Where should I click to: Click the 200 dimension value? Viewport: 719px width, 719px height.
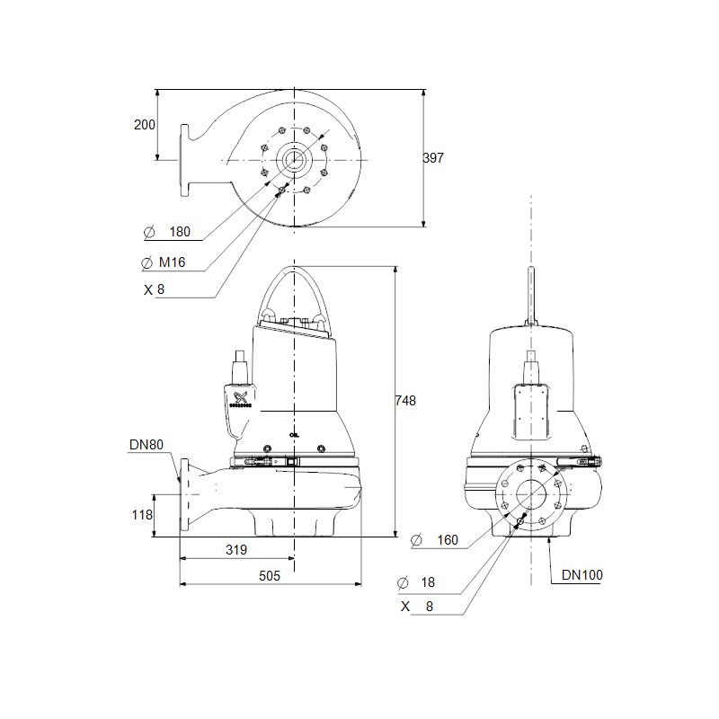click(x=144, y=125)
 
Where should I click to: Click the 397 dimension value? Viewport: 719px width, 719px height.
click(x=433, y=158)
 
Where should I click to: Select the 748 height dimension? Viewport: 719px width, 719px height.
click(x=405, y=401)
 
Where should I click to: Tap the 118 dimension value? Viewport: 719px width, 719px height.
click(x=142, y=515)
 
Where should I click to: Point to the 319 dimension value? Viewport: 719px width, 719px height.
click(x=236, y=549)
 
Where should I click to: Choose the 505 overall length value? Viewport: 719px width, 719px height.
click(x=269, y=576)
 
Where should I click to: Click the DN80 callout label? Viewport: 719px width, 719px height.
click(x=146, y=444)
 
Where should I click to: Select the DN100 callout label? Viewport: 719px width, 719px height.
click(x=581, y=575)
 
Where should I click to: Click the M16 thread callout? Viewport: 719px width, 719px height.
click(x=172, y=262)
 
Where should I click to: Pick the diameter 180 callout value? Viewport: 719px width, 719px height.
click(x=180, y=232)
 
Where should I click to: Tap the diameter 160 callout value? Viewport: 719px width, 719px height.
click(x=448, y=540)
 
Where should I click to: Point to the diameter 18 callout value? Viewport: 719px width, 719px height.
click(x=428, y=582)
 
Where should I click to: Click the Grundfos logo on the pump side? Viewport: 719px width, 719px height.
click(x=240, y=399)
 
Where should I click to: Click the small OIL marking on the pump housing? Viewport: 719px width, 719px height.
click(x=294, y=435)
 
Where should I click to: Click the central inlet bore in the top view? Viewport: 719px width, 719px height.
click(x=294, y=160)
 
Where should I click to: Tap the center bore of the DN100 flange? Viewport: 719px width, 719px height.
click(x=531, y=494)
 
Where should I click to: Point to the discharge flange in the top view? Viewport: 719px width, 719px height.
click(x=184, y=161)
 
